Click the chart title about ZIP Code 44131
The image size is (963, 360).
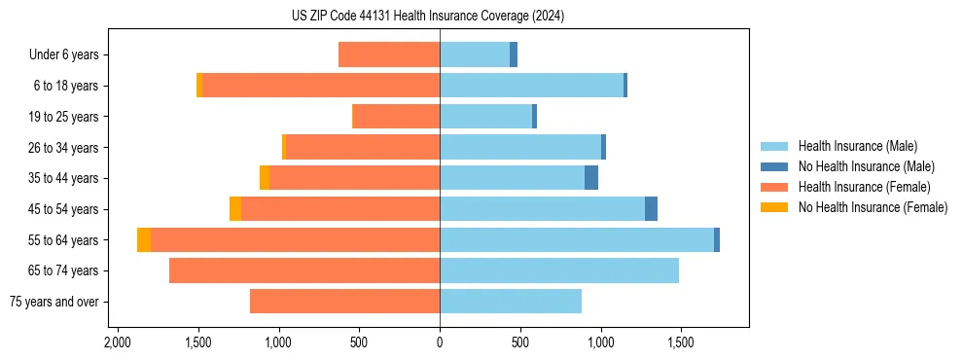coord(427,17)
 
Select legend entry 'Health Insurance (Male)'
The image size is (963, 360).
coord(857,146)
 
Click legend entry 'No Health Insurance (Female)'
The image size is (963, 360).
coord(873,207)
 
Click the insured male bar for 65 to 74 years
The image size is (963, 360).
coord(559,270)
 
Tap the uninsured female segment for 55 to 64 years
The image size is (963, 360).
coord(144,240)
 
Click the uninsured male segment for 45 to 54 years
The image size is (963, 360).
coord(651,209)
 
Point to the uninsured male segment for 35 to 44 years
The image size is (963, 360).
coord(591,178)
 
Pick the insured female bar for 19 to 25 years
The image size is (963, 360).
coord(396,117)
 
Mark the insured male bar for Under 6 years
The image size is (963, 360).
coord(475,54)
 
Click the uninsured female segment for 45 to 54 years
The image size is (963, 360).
coord(235,209)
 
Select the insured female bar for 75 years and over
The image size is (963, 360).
coord(344,302)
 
